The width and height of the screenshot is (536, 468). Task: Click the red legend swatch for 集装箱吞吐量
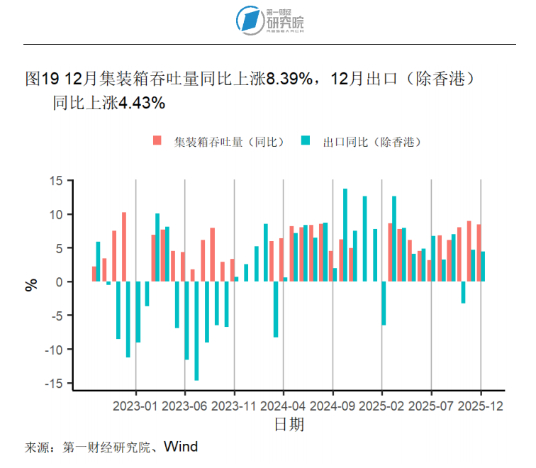(x=158, y=141)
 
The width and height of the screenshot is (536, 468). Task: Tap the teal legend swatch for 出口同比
(x=306, y=141)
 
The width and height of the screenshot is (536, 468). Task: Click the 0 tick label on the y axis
(x=60, y=282)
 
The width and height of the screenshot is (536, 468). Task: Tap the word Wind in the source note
(x=181, y=447)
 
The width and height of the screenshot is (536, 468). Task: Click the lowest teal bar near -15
(x=196, y=330)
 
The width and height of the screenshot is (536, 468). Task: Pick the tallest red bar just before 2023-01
(x=124, y=247)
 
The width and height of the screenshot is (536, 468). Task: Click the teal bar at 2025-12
(x=483, y=267)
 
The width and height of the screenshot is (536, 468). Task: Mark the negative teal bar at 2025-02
(x=384, y=303)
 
